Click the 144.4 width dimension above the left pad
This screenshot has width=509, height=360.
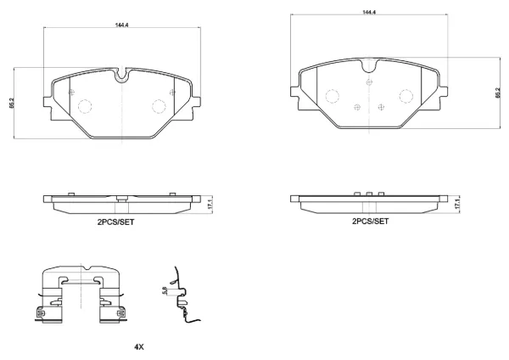121,25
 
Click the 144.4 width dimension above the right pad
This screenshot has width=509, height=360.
369,12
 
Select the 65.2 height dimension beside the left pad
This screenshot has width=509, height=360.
12,103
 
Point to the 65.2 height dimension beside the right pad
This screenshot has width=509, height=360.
498,93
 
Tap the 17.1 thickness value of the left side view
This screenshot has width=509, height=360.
210,205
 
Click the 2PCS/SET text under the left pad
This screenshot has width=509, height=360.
115,222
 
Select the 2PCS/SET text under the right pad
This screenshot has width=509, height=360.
370,222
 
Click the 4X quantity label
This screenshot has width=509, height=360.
139,347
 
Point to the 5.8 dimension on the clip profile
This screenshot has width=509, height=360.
164,290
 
